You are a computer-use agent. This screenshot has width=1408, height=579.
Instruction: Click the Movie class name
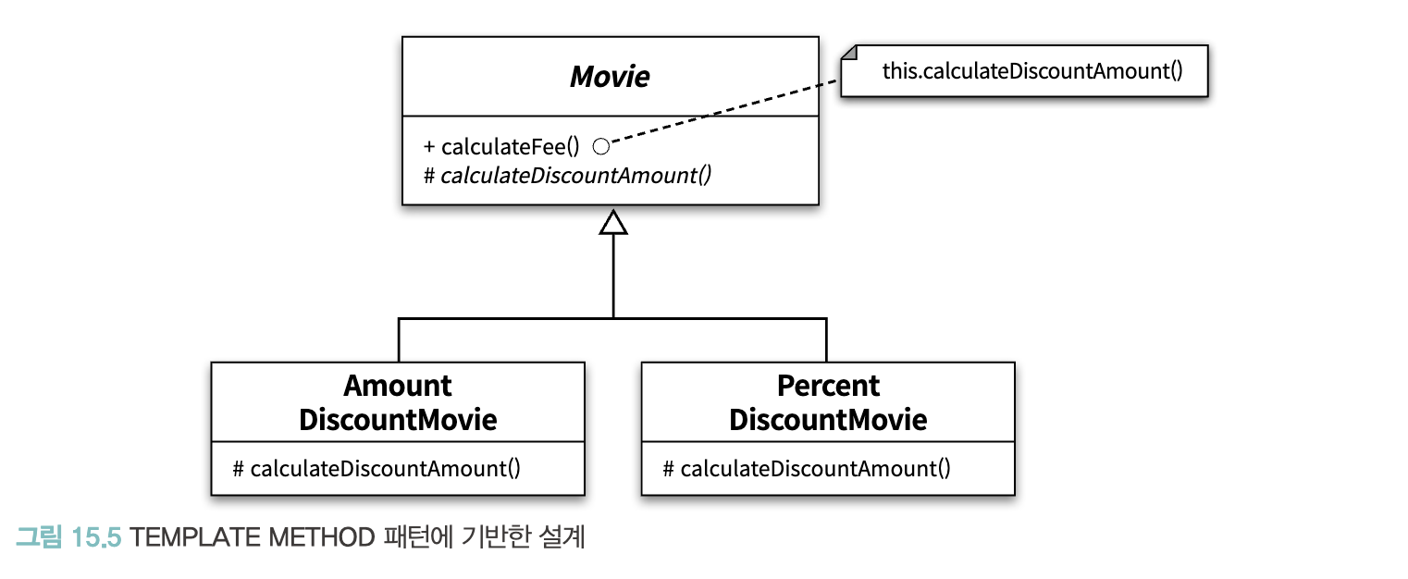610,77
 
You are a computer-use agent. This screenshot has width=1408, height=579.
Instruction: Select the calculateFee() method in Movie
510,146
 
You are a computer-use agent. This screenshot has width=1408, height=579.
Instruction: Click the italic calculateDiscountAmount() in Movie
575,176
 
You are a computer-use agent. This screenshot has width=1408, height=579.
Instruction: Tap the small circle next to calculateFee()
601,146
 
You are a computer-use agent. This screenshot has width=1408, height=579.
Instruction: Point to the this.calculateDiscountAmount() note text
1032,71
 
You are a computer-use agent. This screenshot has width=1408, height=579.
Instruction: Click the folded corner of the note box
848,52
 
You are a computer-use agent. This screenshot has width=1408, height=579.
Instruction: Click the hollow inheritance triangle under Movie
612,223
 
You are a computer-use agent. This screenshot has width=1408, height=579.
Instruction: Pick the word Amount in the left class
397,386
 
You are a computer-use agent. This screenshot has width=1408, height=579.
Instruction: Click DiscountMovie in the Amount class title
397,419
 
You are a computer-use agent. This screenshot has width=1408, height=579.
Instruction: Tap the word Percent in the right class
828,386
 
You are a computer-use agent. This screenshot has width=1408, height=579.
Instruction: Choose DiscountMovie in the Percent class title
828,419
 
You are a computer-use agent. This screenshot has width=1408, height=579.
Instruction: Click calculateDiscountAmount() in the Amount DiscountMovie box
386,468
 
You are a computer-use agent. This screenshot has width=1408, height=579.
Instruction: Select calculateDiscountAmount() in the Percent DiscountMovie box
815,468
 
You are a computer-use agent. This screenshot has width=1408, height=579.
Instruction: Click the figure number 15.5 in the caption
95,538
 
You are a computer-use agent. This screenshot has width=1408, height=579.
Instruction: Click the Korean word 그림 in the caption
39,537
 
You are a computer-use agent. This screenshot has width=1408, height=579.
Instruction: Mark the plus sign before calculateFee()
429,147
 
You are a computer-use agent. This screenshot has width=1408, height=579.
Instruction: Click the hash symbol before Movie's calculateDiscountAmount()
429,176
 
